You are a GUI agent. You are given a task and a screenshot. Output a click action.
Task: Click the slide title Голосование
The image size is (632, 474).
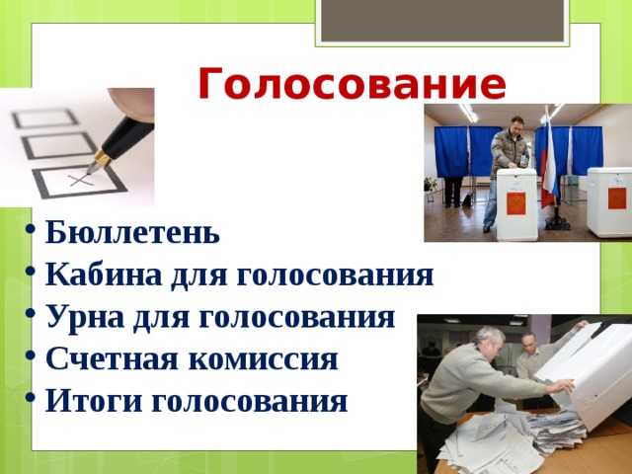click(352, 84)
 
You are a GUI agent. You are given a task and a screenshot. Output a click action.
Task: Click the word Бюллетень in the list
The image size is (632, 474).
click(132, 234)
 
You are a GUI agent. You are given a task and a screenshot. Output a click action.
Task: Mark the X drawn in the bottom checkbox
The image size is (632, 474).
click(80, 181)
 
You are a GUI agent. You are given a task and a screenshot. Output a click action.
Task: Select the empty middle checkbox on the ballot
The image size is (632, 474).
click(58, 146)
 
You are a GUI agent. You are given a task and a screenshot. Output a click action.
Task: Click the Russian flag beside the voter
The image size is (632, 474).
click(547, 163)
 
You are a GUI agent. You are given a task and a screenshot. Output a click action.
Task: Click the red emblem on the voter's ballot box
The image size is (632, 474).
click(515, 201)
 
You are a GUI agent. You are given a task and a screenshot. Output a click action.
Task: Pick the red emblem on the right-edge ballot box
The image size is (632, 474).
click(617, 197)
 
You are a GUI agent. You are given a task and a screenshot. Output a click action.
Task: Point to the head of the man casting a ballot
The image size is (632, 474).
click(515, 125)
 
